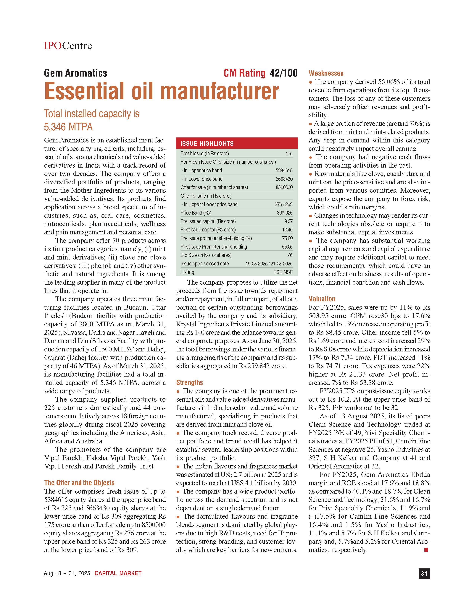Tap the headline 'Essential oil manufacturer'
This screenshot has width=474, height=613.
(162, 91)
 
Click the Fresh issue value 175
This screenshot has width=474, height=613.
(289, 154)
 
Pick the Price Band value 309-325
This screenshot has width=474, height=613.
(284, 213)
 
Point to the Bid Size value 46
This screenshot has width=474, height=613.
(290, 255)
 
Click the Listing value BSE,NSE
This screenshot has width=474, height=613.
(283, 272)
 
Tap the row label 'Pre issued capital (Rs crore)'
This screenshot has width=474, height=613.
(208, 221)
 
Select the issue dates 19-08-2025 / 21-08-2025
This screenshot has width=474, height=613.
(269, 264)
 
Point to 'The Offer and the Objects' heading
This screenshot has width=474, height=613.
(79, 483)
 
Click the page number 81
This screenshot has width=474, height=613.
(424, 573)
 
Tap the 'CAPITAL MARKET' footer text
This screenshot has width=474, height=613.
(118, 573)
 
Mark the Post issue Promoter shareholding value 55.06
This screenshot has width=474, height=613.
(287, 247)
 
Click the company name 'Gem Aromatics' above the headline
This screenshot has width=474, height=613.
(75, 73)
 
